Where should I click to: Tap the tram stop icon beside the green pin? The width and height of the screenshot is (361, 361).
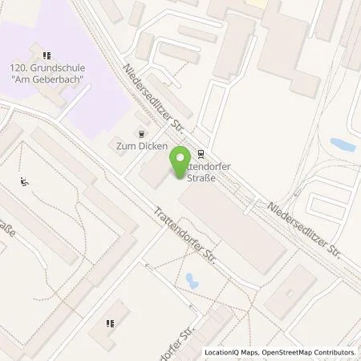200,156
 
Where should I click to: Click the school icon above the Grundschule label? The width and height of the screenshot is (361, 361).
47,55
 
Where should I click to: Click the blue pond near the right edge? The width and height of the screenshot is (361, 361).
343,145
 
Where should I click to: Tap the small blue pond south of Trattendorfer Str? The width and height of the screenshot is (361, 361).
192,280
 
